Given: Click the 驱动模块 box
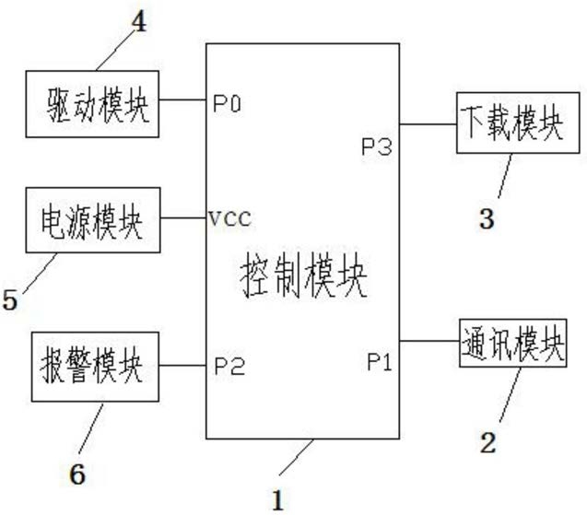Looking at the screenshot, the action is tap(92, 104).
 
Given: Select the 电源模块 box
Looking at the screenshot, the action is tap(93, 220).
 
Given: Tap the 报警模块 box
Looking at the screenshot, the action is tap(95, 367).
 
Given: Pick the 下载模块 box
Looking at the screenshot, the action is tap(518, 123).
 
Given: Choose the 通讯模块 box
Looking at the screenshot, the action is tap(513, 343).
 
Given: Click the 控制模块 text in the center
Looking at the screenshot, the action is tap(303, 275).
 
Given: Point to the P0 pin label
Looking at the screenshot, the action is tap(228, 103).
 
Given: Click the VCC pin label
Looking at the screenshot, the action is tap(229, 218).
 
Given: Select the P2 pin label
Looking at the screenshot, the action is tap(229, 366).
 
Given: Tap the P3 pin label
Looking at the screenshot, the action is tap(377, 146).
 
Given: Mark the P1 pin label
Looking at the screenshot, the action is tap(380, 362).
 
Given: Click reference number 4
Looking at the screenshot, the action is tap(139, 22).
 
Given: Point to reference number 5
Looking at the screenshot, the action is tap(10, 299).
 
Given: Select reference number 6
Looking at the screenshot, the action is tap(77, 474).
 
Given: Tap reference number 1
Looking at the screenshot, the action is tap(277, 500).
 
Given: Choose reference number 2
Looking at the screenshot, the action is tap(488, 443).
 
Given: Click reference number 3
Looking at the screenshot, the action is tap(487, 219).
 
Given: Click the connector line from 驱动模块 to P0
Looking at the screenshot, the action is tap(182, 99).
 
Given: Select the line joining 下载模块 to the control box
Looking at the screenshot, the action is tap(428, 123).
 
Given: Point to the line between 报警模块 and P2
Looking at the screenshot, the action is tap(182, 365).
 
